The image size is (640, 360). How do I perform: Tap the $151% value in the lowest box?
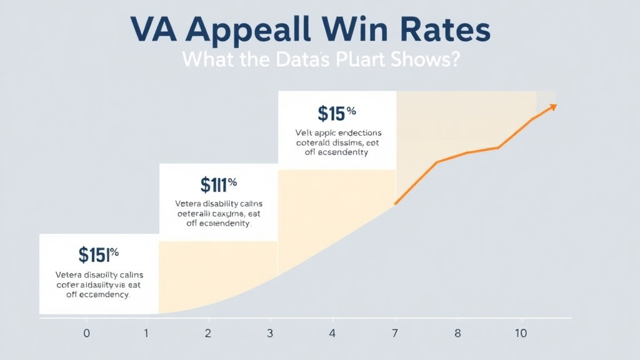99,254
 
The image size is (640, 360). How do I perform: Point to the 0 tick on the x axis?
86,333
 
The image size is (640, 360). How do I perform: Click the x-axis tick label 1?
147,333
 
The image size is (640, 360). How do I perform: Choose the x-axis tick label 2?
208,333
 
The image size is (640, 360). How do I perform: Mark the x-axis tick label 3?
270,333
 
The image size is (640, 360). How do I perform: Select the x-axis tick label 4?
332,333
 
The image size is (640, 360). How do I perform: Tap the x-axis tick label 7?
396,333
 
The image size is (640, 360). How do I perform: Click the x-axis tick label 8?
457,333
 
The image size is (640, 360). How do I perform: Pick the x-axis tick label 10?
521,333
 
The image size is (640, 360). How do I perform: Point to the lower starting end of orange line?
395,204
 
